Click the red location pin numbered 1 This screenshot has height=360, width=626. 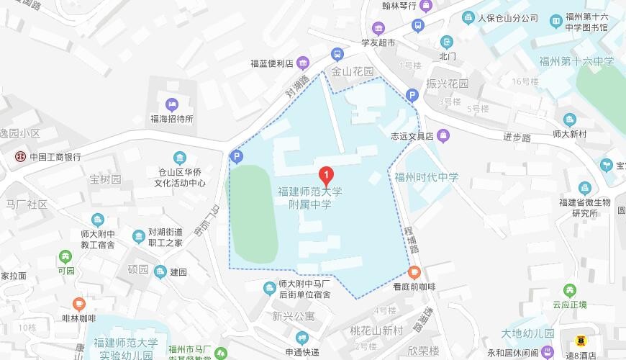tap(326, 175)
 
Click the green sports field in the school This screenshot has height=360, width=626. tap(253, 214)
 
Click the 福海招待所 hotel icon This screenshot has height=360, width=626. tap(171, 105)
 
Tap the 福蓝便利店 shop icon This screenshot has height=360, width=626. tap(303, 63)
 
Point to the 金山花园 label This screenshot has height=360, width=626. tap(353, 72)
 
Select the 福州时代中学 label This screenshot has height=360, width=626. tap(426, 176)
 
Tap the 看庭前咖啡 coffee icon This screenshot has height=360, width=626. tap(414, 272)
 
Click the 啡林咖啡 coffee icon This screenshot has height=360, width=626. tap(79, 304)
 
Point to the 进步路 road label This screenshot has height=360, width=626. tap(517, 137)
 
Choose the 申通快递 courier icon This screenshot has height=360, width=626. tap(301, 338)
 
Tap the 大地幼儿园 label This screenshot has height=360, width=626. tap(529, 333)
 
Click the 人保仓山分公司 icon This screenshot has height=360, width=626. tap(468, 18)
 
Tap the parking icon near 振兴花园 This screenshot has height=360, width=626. tap(412, 94)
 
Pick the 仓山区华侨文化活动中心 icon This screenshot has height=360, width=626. tap(179, 158)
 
